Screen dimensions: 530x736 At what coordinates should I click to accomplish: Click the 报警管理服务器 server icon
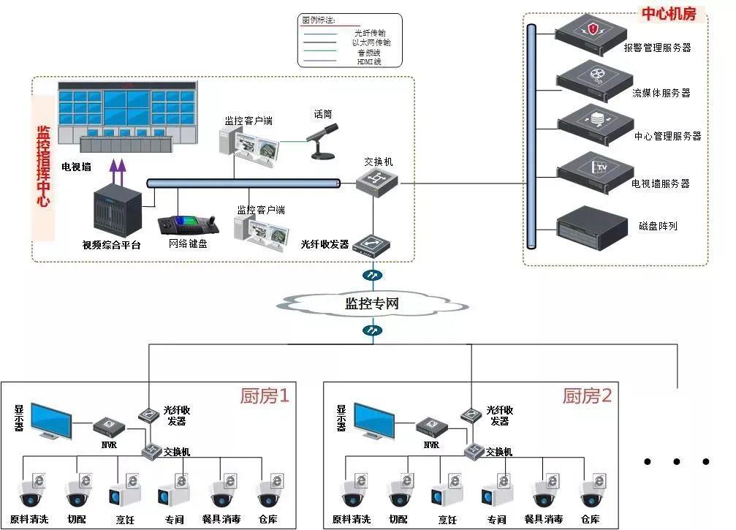(592, 33)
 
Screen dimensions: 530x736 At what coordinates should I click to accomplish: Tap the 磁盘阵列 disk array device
(592, 227)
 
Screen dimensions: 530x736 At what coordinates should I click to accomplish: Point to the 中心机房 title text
(668, 13)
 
